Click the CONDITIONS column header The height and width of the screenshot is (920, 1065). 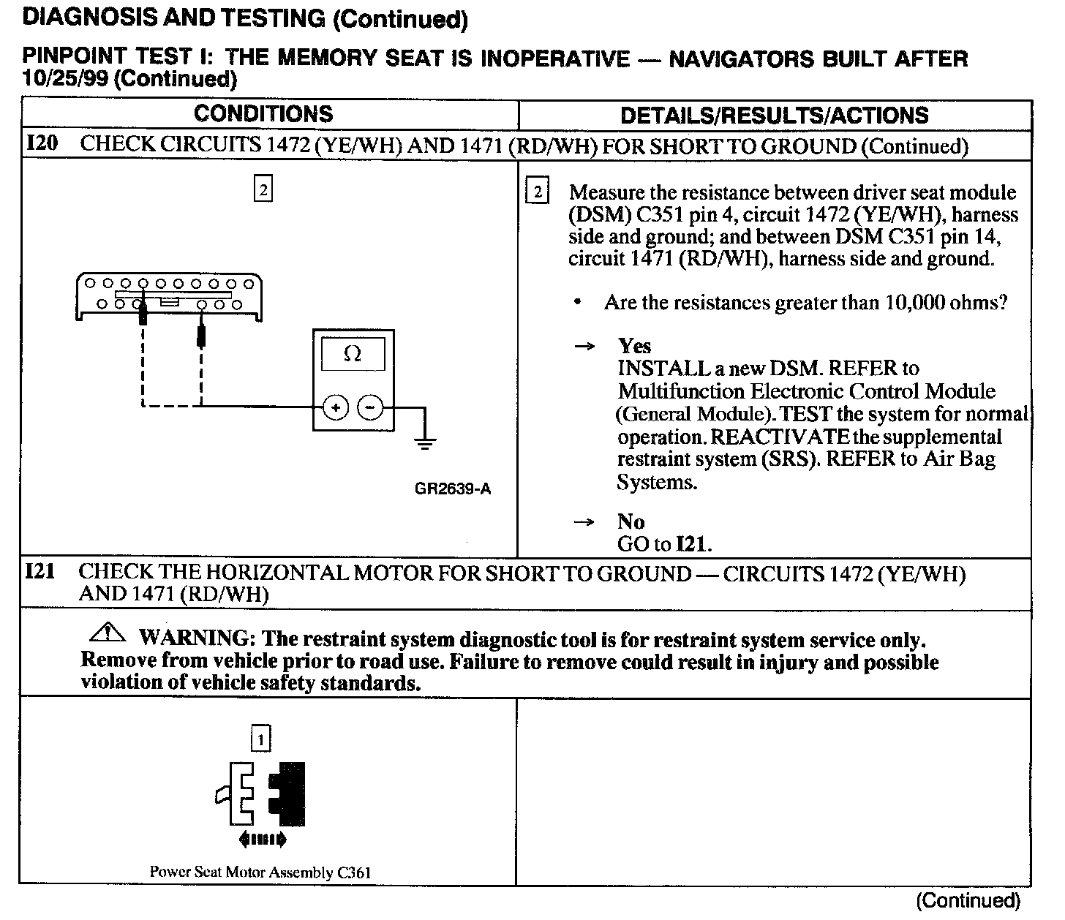tap(263, 114)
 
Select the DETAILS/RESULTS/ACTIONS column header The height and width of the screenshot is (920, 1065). tap(774, 116)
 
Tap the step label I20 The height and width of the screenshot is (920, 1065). tap(42, 143)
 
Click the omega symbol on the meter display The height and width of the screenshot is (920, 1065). tap(352, 355)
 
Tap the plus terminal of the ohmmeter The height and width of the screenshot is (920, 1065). tap(335, 407)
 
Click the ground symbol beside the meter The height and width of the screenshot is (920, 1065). tap(425, 441)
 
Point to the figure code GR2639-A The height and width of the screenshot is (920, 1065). tap(453, 489)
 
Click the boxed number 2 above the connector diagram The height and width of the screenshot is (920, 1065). tap(263, 190)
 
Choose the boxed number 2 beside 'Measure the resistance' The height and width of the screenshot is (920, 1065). tap(538, 192)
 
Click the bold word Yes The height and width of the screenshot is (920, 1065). tap(634, 345)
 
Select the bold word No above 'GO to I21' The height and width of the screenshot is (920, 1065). tap(631, 521)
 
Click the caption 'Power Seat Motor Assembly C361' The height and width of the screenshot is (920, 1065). tap(260, 872)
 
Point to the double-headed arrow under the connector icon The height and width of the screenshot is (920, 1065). tap(262, 839)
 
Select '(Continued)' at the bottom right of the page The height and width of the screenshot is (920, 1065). tap(967, 900)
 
